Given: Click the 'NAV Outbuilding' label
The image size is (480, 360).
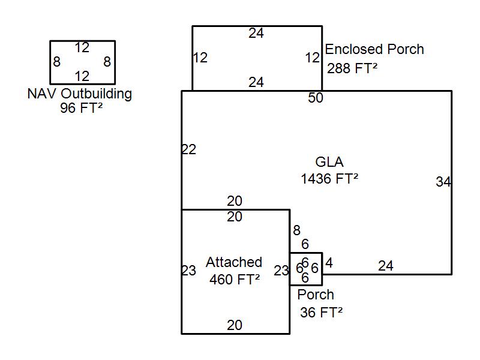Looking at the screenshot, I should [80, 94].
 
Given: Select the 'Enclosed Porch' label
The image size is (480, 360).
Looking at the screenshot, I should [374, 49].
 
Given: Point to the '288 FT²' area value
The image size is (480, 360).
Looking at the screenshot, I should [352, 68].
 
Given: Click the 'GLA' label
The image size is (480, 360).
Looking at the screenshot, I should [329, 162].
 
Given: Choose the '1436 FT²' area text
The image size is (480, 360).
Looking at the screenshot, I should [329, 178].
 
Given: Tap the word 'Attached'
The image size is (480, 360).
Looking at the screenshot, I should [234, 262].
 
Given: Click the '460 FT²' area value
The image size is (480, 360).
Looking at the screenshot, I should [235, 279].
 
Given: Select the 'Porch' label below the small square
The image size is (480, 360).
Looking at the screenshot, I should [316, 295].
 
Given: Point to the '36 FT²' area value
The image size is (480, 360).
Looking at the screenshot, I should [321, 311].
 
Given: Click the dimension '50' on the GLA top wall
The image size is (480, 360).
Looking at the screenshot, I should [316, 98].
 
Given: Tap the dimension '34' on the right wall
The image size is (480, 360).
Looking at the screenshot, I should [443, 182].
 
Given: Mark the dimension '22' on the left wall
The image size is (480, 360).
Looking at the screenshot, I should [189, 150].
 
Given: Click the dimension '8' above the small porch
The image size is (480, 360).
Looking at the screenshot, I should [296, 230].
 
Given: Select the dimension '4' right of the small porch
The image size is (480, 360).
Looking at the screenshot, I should [329, 263].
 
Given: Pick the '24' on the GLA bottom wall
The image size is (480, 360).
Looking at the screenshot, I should [386, 266].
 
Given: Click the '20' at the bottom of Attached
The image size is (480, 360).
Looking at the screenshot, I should [235, 325].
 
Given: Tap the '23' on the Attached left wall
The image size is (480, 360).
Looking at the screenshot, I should [189, 271].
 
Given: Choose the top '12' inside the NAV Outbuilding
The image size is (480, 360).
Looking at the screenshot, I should [82, 47].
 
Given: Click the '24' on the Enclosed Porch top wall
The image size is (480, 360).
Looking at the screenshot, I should [256, 34].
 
